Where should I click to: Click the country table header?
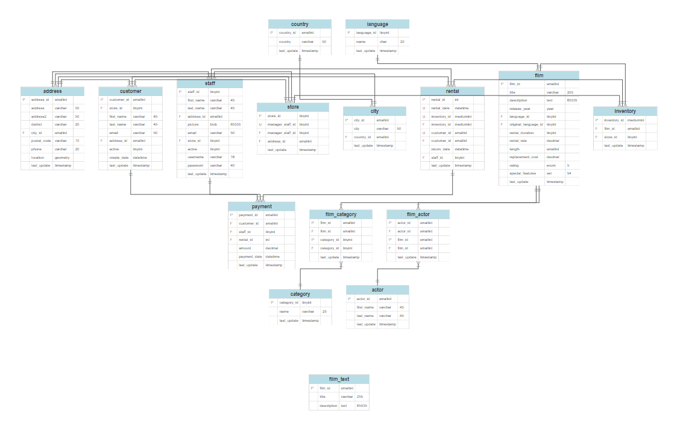click(300, 24)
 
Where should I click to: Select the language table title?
click(377, 24)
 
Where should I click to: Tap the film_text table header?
click(339, 379)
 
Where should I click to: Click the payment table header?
click(262, 206)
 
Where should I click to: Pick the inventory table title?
click(625, 111)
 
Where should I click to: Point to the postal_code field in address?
click(40, 141)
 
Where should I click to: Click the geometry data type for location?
click(62, 157)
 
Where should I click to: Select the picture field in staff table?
click(194, 124)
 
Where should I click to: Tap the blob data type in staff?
click(214, 124)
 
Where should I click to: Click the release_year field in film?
click(520, 109)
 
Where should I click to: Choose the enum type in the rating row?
click(550, 165)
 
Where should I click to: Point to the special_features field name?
click(523, 173)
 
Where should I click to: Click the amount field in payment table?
click(245, 248)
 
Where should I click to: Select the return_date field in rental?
click(441, 149)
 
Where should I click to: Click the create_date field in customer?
click(119, 157)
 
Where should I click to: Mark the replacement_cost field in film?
click(523, 157)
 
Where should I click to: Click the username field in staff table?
click(197, 157)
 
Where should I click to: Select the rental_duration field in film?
click(523, 133)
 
